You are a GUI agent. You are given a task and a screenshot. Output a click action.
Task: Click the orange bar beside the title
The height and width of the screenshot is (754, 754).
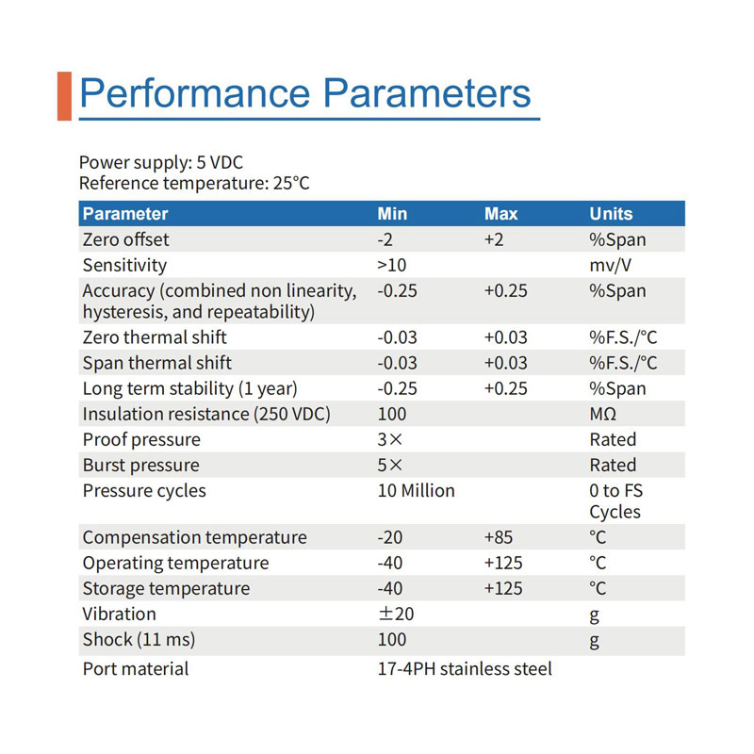64,96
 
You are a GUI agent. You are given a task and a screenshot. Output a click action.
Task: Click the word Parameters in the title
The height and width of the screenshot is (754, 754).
427,92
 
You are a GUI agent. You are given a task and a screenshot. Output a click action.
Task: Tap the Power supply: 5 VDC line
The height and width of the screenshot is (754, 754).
161,163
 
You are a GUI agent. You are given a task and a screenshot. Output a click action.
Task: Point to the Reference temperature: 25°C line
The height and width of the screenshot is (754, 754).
194,184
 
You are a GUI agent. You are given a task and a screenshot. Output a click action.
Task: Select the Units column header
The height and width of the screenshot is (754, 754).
611,214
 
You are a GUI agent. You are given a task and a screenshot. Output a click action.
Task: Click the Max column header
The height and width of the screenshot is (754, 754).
501,214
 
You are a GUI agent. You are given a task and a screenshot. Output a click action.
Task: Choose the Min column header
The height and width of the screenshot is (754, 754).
392,214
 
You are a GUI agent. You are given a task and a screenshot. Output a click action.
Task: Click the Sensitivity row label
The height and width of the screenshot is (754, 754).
124,266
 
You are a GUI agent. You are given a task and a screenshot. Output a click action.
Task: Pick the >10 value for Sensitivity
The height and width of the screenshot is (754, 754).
392,266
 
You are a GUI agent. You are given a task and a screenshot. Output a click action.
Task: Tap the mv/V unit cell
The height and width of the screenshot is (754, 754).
610,266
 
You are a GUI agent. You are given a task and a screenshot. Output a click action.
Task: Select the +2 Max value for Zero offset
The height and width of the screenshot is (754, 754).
494,239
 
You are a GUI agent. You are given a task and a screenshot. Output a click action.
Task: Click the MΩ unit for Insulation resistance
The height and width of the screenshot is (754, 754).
603,414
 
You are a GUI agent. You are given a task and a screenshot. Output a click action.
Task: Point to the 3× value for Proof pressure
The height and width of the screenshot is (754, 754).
390,439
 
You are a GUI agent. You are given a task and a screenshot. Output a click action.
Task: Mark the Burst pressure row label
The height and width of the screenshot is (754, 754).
140,466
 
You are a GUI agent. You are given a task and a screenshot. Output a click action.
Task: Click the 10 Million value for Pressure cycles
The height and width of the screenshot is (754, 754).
417,491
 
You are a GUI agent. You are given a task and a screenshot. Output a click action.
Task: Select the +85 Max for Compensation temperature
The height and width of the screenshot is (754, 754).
499,537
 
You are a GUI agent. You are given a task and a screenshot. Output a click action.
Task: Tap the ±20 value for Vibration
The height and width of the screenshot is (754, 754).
396,615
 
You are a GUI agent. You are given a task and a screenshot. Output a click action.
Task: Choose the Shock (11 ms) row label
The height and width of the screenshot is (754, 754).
139,640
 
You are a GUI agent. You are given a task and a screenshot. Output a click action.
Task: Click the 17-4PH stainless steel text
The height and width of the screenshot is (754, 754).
465,669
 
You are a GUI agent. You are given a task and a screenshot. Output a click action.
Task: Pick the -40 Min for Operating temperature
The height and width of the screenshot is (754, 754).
390,563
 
